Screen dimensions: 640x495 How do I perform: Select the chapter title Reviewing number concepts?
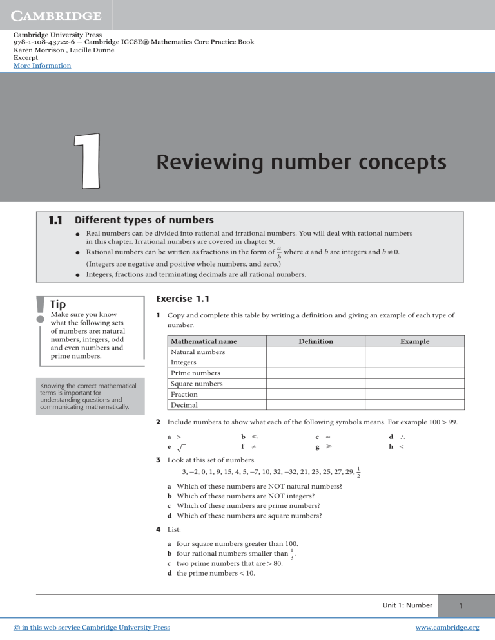coord(301,162)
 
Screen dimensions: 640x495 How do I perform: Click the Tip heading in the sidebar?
coord(60,303)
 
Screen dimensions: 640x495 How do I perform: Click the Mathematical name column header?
coord(204,341)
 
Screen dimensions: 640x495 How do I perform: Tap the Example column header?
coord(414,341)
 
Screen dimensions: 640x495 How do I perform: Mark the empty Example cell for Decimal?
coord(414,405)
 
